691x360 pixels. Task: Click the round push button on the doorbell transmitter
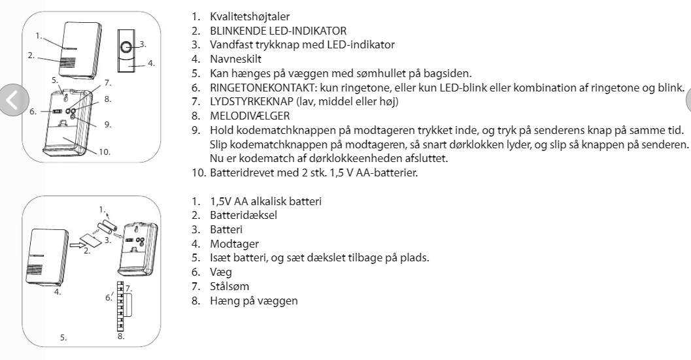pyautogui.click(x=127, y=47)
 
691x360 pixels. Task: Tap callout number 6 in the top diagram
pyautogui.click(x=32, y=112)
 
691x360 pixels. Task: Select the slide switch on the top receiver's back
pyautogui.click(x=57, y=112)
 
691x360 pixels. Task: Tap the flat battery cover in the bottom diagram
pyautogui.click(x=91, y=241)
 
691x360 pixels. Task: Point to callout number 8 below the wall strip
pyautogui.click(x=122, y=336)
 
